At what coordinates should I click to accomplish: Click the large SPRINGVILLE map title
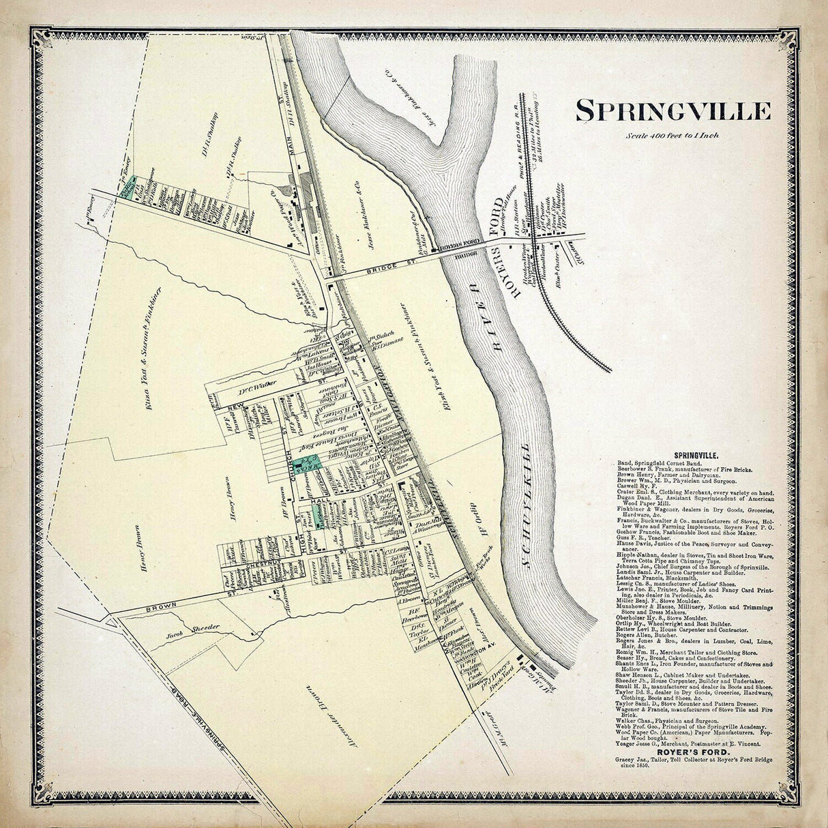[673, 110]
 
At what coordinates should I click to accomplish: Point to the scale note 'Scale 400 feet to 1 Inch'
[672, 135]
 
